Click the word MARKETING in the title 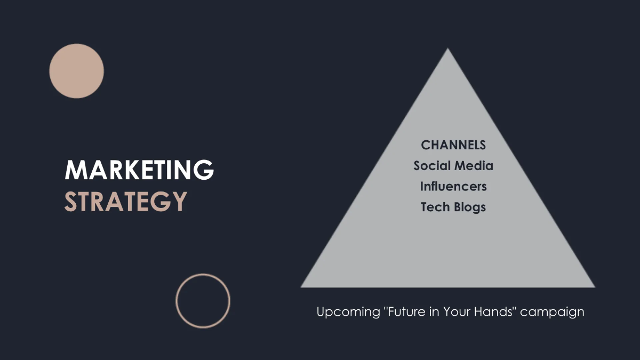tap(139, 170)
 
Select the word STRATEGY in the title tap(126, 202)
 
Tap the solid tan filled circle tap(76, 71)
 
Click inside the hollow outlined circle tap(203, 300)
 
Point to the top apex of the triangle tap(447, 50)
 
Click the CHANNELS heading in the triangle tap(453, 145)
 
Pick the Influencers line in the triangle tap(453, 186)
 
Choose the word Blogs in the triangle tap(469, 207)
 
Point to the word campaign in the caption tap(553, 312)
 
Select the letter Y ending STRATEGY tap(179, 202)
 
